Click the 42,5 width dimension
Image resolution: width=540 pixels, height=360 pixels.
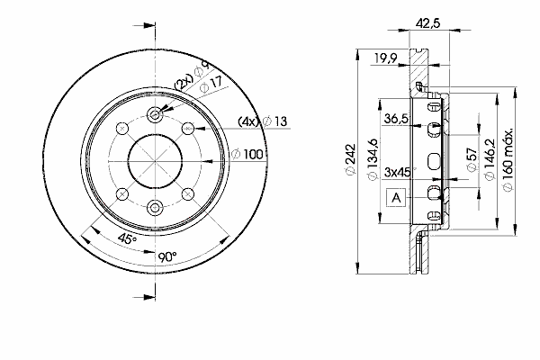pyautogui.click(x=428, y=23)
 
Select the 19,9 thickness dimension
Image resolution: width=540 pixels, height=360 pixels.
pyautogui.click(x=386, y=58)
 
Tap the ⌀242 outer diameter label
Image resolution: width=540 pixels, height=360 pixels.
pyautogui.click(x=349, y=160)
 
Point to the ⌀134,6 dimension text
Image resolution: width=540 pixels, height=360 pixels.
pyautogui.click(x=373, y=159)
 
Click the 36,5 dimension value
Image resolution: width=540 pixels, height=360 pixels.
pyautogui.click(x=396, y=119)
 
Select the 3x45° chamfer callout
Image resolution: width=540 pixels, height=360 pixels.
pyautogui.click(x=400, y=172)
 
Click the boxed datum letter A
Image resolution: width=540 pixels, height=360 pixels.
pyautogui.click(x=396, y=198)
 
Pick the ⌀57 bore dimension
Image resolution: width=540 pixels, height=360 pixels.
pyautogui.click(x=472, y=159)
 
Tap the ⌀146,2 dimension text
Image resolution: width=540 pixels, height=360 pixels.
pyautogui.click(x=490, y=159)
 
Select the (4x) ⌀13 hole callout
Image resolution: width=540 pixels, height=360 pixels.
pyautogui.click(x=263, y=121)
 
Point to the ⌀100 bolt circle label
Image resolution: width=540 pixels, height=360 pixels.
pyautogui.click(x=247, y=154)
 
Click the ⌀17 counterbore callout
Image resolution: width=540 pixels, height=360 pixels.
pyautogui.click(x=211, y=85)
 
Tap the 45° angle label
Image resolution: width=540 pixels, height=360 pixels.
pyautogui.click(x=127, y=238)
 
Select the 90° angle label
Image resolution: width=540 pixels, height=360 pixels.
pyautogui.click(x=167, y=256)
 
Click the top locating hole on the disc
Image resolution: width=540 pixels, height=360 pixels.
pyautogui.click(x=155, y=114)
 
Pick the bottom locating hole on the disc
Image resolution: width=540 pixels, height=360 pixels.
pyautogui.click(x=155, y=207)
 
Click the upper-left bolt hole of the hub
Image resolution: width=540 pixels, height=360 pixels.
pyautogui.click(x=122, y=129)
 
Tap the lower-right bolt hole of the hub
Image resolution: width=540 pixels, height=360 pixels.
pyautogui.click(x=188, y=194)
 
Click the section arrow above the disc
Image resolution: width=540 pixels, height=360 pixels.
pyautogui.click(x=144, y=26)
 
